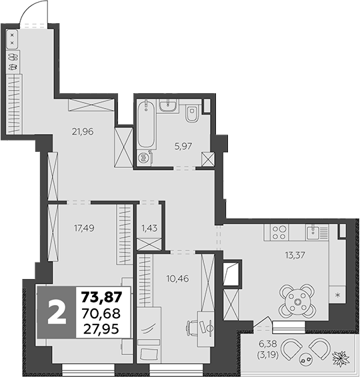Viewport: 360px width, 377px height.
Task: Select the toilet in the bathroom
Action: [x=192, y=114]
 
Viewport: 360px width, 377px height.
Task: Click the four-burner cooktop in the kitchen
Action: [x=279, y=232]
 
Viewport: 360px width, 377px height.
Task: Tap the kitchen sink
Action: [x=313, y=232]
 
